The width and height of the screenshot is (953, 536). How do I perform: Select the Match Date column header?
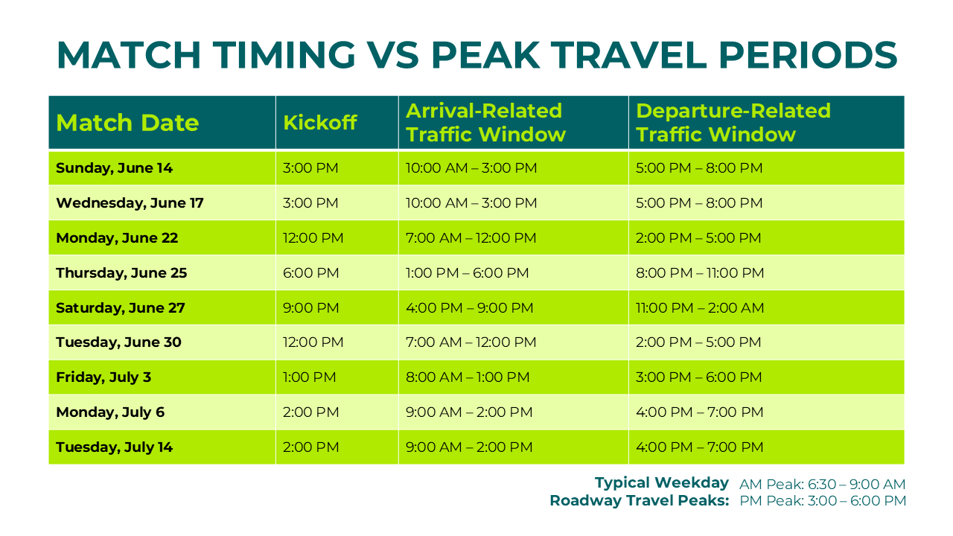point(127,123)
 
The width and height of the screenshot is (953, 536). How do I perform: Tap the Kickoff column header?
point(320,123)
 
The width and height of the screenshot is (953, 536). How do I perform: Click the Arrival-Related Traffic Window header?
point(485,123)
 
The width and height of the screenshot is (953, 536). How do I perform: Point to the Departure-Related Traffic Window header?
point(733,123)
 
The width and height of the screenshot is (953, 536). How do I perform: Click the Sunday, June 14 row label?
point(114,168)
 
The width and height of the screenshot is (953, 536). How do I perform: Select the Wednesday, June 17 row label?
point(130,203)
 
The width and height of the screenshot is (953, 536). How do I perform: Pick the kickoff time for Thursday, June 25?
point(311,273)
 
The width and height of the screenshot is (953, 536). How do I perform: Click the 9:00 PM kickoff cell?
point(311,308)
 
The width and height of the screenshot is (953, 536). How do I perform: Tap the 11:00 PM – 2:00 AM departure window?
point(700,308)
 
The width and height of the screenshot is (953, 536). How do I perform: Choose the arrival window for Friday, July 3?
point(468,377)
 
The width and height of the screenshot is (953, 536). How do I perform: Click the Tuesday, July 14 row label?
point(114,447)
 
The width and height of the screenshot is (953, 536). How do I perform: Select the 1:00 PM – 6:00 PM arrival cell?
point(467,273)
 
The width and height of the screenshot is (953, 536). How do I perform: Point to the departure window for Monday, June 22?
point(698,238)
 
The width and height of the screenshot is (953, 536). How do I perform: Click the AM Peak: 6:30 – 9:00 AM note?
point(822,485)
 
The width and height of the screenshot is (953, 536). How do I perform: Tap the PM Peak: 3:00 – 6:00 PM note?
point(822,501)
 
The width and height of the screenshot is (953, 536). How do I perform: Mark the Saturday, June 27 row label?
point(121,308)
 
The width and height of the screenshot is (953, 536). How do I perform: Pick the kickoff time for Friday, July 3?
point(310,377)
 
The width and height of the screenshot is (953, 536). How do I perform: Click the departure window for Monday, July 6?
point(699,412)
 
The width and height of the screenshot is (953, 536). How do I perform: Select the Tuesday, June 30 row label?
point(118,342)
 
